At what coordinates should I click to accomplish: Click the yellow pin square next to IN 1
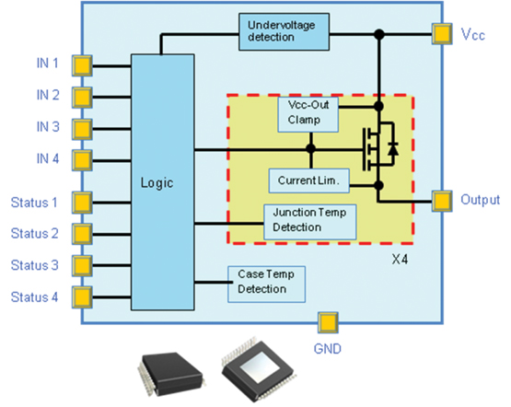(82, 65)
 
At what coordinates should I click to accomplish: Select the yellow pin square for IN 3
(82, 128)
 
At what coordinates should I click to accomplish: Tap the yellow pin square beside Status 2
(82, 234)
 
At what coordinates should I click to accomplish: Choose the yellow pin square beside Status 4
(82, 297)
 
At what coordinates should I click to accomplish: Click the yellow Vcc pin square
(441, 35)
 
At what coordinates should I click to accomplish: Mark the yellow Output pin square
(441, 200)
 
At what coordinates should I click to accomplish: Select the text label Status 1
(34, 202)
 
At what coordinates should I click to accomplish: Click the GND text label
(327, 349)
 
